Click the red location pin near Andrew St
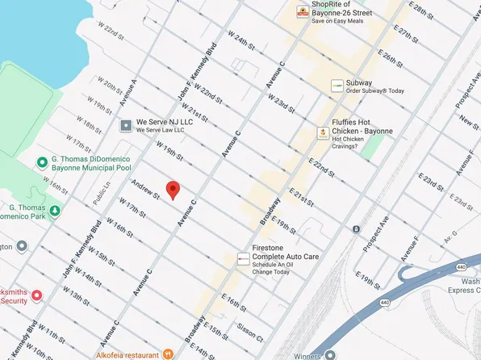[172, 190]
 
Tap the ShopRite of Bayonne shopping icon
[303, 11]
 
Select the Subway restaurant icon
[336, 86]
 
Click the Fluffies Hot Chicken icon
[322, 132]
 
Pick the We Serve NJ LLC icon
[126, 125]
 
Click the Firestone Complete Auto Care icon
[243, 258]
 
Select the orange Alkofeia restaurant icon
[168, 352]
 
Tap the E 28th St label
[420, 15]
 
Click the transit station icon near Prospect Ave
[356, 229]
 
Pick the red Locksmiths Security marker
[36, 295]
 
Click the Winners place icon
[330, 354]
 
